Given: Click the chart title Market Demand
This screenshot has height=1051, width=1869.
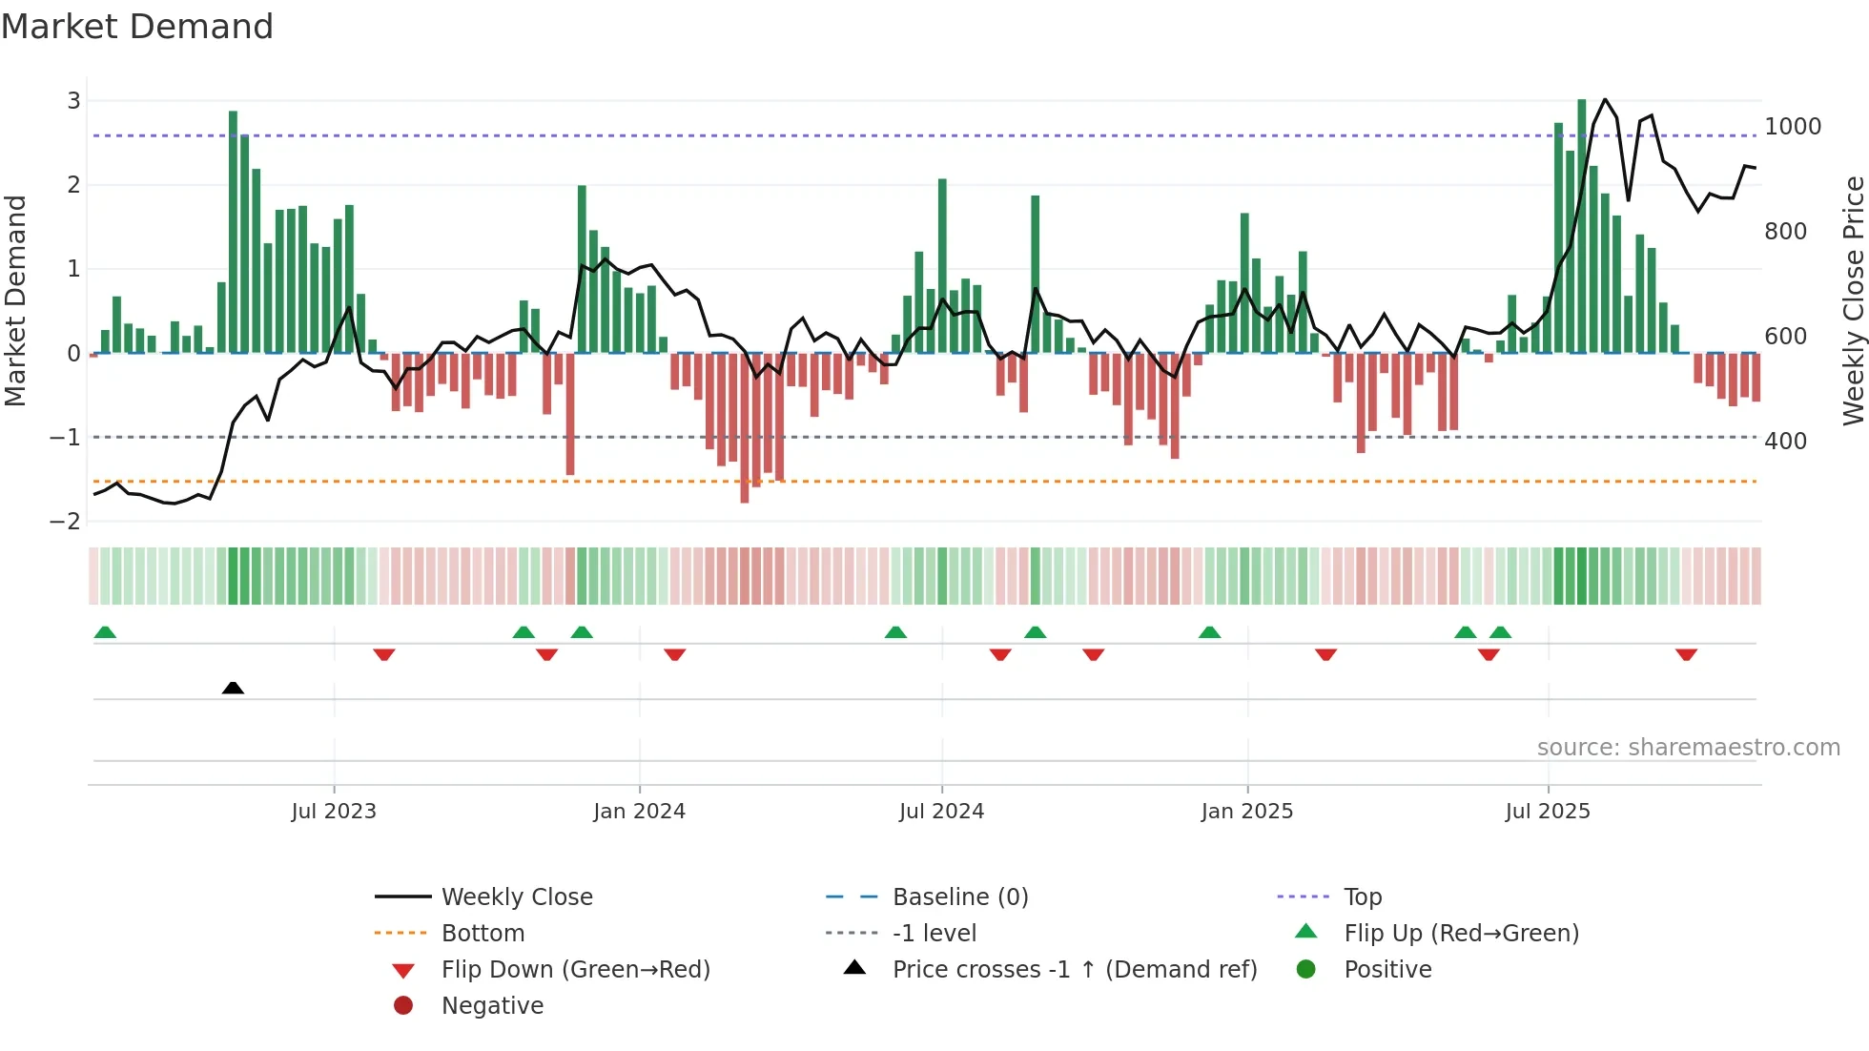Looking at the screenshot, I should pos(137,27).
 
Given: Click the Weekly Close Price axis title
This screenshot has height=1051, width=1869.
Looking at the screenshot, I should pos(1853,300).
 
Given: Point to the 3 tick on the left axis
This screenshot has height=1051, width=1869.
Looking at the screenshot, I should pos(73,101).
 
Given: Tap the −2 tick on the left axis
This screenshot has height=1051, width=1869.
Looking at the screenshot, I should pos(65,522).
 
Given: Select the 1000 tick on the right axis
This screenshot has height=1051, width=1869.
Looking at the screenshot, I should pos(1793,127).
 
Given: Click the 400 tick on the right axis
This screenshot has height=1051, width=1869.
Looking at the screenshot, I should pos(1785,442).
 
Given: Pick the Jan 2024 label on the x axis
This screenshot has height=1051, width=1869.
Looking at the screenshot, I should pos(639,812).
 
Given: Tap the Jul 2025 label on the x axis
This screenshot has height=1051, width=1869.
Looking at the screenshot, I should pos(1548,812).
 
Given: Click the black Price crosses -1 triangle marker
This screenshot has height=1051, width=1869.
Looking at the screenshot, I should pos(233,688).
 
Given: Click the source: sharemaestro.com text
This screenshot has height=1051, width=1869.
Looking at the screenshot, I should pos(1688,748).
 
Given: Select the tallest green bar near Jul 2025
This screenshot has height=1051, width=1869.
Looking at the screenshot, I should pos(1582,226).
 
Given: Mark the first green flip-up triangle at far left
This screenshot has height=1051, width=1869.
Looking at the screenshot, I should pos(105,632).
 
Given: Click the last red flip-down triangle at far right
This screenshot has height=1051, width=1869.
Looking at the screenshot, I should pos(1686,654).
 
